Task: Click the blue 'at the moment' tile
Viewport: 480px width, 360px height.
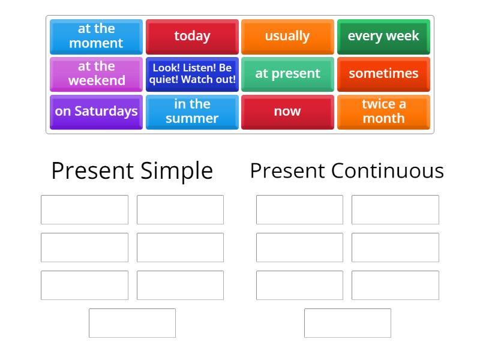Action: pos(96,36)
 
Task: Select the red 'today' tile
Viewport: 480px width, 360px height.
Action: pos(192,36)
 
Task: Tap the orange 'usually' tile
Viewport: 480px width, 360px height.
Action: pos(287,36)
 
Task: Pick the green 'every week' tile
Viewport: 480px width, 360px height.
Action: pos(383,36)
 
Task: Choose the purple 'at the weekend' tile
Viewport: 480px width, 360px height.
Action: pos(96,74)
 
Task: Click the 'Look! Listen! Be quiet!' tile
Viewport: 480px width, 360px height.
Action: pos(192,74)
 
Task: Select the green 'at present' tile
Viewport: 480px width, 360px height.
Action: pos(287,74)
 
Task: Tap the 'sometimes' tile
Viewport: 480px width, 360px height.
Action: pos(383,74)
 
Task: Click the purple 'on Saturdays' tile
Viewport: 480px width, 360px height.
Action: pos(96,112)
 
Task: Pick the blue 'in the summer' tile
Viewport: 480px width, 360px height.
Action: pos(192,112)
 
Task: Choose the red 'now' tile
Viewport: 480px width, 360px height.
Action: pos(287,112)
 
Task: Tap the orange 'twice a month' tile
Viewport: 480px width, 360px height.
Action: pos(383,112)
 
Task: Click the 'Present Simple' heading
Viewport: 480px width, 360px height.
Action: pos(132,171)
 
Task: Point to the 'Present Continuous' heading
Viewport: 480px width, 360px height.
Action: pos(347,170)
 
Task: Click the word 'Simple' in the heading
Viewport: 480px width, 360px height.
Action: pos(177,172)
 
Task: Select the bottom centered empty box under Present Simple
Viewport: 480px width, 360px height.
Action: pos(132,323)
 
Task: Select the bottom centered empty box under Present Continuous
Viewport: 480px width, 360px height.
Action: pos(347,323)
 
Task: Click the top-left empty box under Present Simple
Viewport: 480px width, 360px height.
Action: pos(85,209)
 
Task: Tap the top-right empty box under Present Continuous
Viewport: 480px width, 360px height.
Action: pos(395,209)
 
